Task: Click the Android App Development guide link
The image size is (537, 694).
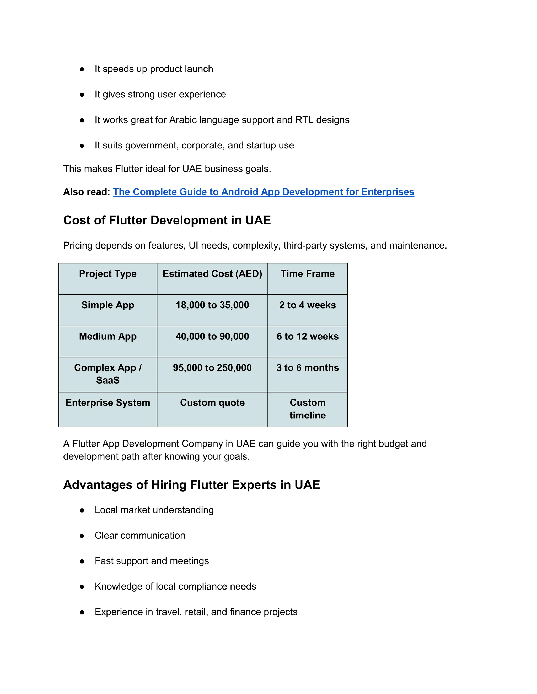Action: coord(264,192)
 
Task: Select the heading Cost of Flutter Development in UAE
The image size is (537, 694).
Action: coord(167,220)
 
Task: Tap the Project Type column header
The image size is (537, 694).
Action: coord(108,274)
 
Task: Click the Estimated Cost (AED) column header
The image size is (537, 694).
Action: coord(212,274)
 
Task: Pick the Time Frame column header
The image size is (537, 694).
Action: coord(307,274)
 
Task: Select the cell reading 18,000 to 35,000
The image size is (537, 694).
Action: coord(212,305)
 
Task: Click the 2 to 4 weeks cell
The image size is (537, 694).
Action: coord(307,305)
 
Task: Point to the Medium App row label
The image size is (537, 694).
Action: coord(108,336)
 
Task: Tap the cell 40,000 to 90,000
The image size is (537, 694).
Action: coord(212,336)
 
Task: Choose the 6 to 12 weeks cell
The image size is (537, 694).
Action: coord(307,336)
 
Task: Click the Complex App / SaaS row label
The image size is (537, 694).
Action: coord(108,374)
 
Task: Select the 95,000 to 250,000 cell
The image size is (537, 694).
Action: coord(212,368)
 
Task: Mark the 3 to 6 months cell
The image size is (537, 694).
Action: coord(307,368)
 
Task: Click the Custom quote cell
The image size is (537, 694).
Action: coord(212,403)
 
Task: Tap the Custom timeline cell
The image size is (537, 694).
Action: coord(307,409)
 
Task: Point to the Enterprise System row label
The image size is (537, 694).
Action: coord(108,403)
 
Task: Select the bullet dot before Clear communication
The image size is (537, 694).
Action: coord(82,536)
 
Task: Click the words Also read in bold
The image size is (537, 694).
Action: coord(87,192)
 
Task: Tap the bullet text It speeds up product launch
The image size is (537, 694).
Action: coord(154,69)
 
